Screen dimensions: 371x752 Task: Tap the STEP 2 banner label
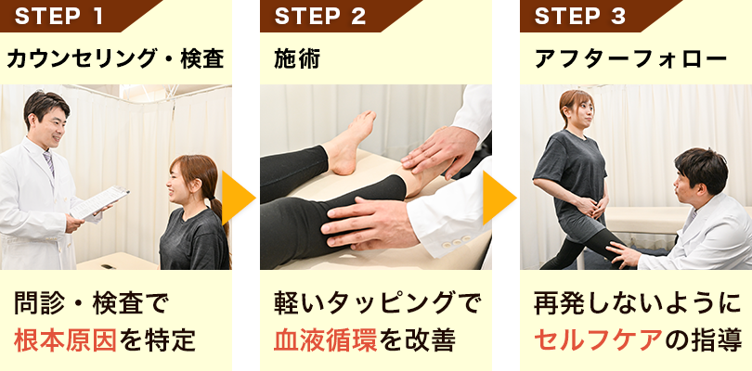(320, 16)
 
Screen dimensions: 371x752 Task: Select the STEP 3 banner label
(580, 16)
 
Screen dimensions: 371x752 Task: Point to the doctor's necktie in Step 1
(48, 163)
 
